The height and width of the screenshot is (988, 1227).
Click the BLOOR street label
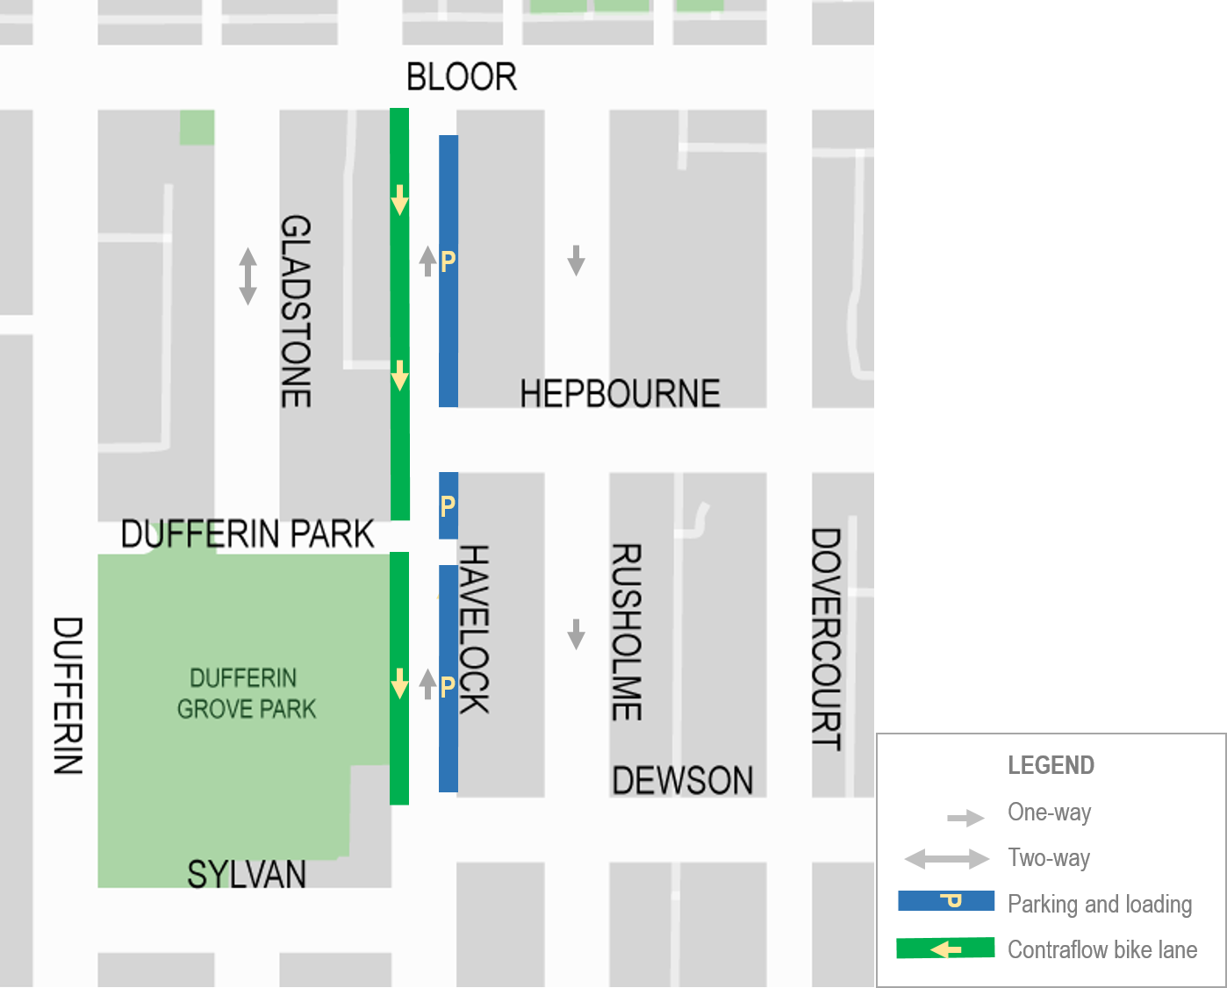pos(462,77)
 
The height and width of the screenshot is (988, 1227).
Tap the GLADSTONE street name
pos(296,311)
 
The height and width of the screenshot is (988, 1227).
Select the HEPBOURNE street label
pos(620,394)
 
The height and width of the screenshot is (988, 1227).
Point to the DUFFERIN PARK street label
pos(247,534)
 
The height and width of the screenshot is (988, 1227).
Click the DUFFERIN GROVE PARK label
pos(246,693)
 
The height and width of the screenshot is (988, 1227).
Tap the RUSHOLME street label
pos(626,632)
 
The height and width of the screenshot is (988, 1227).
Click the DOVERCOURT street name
pos(825,639)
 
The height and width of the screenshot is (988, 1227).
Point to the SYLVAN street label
pos(247,875)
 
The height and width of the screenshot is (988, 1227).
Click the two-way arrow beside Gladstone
pos(248,276)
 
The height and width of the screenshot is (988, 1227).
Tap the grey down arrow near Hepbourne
pos(576,261)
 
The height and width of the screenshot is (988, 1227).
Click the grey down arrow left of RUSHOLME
pos(576,634)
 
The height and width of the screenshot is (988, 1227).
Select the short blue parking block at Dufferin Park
pos(448,505)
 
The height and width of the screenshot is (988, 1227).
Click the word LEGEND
pos(1051,765)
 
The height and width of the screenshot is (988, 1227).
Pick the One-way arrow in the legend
pos(965,818)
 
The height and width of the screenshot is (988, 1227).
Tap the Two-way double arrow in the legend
pos(947,859)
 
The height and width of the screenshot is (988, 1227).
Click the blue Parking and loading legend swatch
pos(946,901)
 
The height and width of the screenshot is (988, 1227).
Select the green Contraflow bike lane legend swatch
pos(945,949)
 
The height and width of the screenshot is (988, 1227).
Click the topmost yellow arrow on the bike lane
pos(399,200)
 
